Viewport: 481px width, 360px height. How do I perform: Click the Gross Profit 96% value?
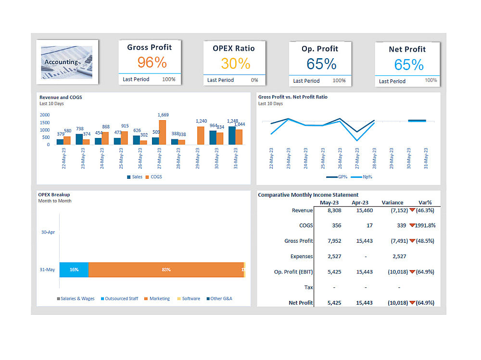(152, 62)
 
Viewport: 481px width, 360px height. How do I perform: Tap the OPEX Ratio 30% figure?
(236, 63)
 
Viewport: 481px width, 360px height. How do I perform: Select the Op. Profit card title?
(320, 49)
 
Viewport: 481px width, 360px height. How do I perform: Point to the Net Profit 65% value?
(409, 64)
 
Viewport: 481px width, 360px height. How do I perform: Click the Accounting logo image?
(67, 62)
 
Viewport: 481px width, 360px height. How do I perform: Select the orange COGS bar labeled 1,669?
(162, 132)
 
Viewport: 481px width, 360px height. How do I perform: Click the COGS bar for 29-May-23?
(201, 136)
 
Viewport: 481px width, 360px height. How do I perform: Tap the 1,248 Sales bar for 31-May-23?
(232, 135)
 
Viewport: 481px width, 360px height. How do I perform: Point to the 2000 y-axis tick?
(45, 115)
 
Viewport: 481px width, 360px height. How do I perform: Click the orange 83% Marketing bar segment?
(166, 270)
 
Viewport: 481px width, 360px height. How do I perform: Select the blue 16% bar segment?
(74, 270)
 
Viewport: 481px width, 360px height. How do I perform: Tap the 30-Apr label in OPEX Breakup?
(48, 232)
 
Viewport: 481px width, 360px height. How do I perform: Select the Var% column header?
(425, 202)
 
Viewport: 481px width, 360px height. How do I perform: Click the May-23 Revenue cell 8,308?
(334, 210)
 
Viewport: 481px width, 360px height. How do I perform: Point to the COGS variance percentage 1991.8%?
(425, 225)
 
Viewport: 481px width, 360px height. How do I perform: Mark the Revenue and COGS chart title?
(61, 97)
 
